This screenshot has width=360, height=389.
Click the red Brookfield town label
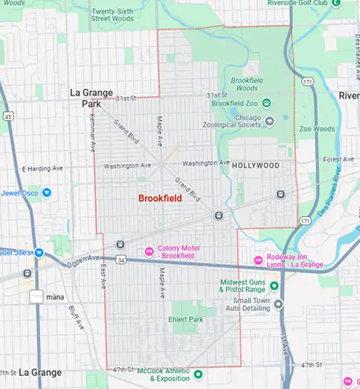point(160,198)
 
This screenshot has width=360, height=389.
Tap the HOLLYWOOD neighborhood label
point(255,165)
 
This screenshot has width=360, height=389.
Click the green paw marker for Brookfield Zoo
point(266,104)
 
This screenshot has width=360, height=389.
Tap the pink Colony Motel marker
point(149,251)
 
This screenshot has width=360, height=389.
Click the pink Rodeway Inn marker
point(259,259)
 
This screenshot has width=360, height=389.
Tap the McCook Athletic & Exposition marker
point(199,374)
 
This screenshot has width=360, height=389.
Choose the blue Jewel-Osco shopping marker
point(46,192)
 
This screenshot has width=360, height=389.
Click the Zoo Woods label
point(317,129)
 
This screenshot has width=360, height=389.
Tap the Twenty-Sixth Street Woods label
point(113,14)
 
